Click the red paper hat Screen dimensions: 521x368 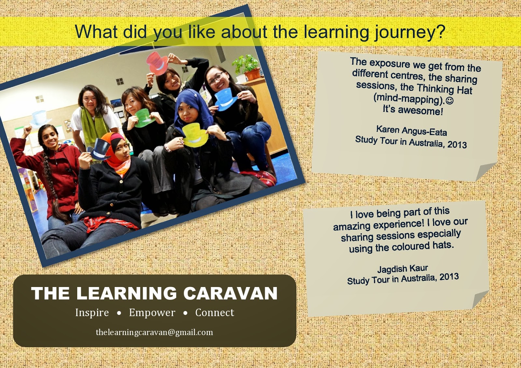(158, 63)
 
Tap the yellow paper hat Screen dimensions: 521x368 (195, 135)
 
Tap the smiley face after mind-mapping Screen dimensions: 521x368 (450, 101)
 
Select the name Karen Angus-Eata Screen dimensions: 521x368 (412, 131)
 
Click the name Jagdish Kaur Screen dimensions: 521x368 (402, 268)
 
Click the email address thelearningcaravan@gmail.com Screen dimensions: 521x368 (154, 332)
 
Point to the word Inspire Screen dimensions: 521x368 (92, 313)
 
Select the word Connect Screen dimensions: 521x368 (215, 312)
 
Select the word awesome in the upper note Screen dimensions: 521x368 (420, 111)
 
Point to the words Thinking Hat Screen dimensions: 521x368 (444, 89)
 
